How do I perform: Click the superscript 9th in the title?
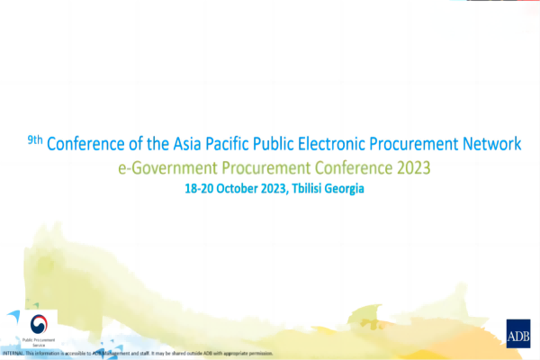34,139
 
